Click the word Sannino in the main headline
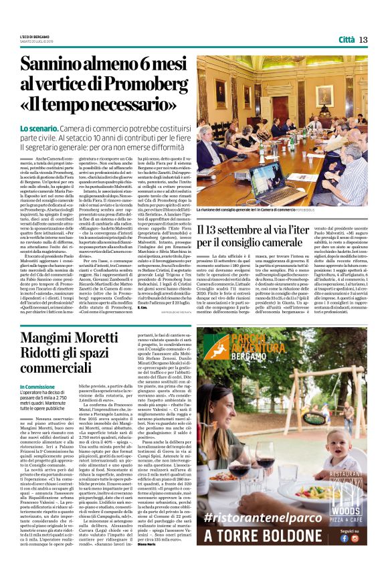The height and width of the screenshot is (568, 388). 54,66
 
